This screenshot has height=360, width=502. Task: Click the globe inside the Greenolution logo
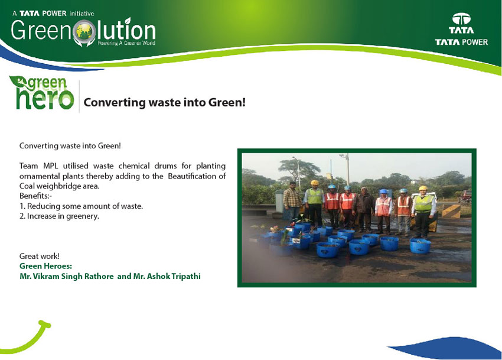pos(84,32)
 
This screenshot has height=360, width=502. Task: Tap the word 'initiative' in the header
pos(82,14)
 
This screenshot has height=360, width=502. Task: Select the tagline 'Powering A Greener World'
pos(126,43)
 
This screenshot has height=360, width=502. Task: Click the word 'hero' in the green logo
pos(45,99)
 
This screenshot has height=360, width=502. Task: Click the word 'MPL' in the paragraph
pos(51,166)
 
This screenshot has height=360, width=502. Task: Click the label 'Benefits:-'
pos(35,196)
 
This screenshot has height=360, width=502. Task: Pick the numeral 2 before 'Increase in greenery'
pos(21,216)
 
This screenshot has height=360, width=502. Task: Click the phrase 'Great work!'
pos(40,256)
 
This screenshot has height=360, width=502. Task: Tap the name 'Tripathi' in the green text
pos(185,276)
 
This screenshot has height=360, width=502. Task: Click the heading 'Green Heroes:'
pos(46,266)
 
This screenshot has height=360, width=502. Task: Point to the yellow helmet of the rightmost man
pos(423,188)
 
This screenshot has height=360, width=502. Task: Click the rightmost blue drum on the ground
pos(420,245)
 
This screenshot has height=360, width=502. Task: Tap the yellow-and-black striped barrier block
pos(451,211)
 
